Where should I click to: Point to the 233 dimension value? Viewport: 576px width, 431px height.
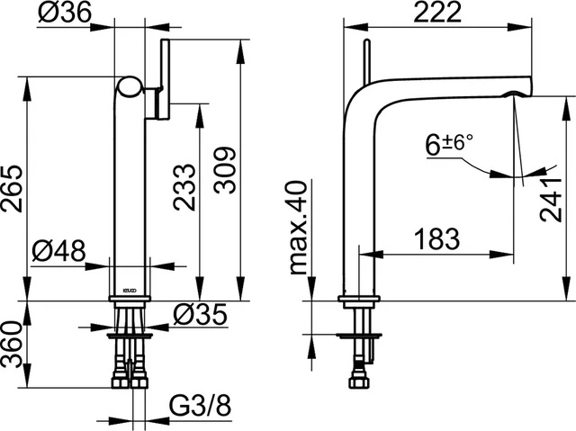click(x=184, y=187)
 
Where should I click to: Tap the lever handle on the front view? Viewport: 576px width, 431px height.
click(x=165, y=79)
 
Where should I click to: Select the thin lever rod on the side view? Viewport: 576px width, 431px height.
click(x=365, y=61)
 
